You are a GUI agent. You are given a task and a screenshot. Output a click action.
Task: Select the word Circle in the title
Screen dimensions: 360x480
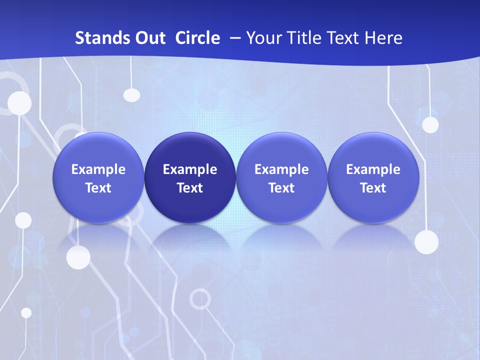(197, 38)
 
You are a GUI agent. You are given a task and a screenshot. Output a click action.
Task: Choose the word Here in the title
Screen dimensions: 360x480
(383, 38)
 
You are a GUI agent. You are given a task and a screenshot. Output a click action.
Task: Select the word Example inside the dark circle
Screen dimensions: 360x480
(190, 169)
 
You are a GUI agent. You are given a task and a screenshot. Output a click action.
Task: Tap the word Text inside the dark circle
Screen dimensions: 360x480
(190, 188)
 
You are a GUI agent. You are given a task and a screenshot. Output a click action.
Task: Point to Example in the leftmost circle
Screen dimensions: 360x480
(98, 169)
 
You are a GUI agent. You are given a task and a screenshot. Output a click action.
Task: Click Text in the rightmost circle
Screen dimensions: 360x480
(373, 188)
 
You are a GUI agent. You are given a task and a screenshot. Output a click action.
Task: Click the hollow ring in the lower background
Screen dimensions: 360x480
(200, 298)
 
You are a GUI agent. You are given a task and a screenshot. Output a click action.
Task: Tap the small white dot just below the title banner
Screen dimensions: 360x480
(131, 94)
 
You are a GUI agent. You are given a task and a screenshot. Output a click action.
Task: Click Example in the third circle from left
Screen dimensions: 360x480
(281, 169)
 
